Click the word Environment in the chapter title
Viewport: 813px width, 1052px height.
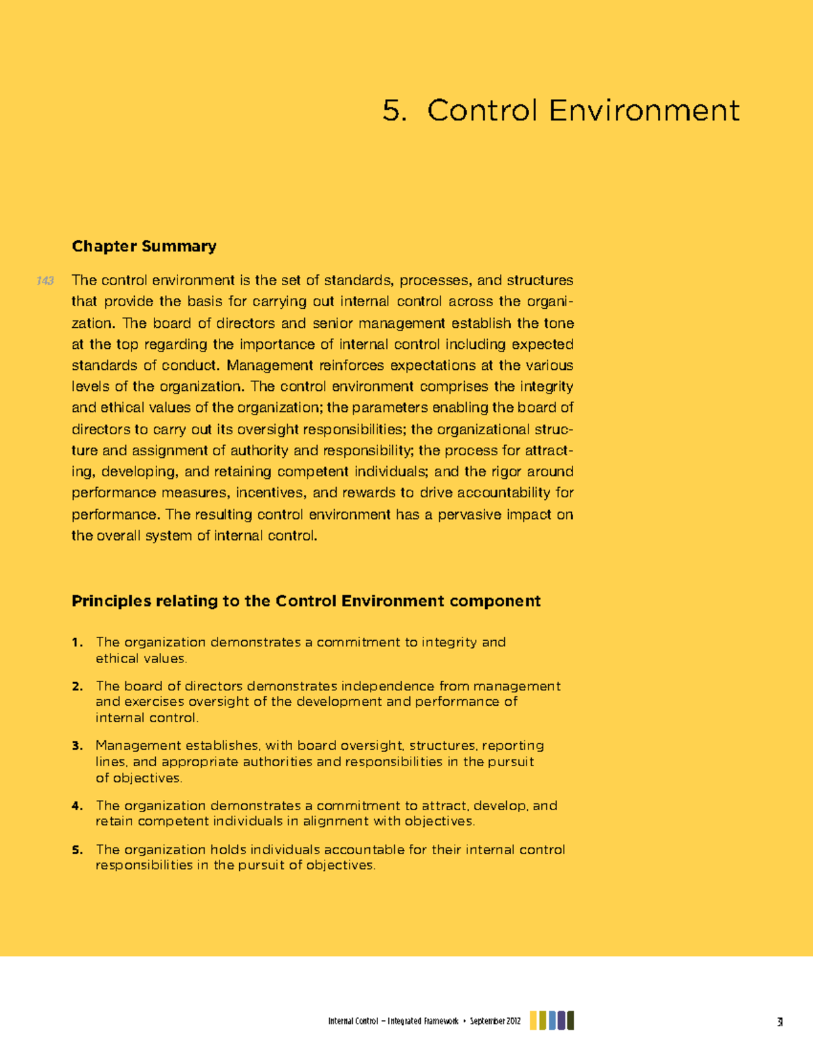pos(644,110)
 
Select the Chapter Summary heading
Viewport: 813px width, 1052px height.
pos(144,246)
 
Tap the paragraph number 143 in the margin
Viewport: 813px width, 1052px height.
pos(45,280)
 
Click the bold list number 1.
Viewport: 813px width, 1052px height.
pos(77,642)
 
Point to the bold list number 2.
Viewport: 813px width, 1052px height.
pos(77,686)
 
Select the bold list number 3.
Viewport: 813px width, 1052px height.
pos(77,746)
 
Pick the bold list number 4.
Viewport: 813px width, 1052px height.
pos(77,806)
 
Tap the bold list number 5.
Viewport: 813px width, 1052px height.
pos(77,850)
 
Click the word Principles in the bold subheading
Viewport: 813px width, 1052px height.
pos(111,601)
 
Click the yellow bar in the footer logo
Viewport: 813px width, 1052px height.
pos(534,1020)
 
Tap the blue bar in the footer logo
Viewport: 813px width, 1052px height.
pos(552,1020)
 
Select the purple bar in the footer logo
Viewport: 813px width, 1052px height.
pos(562,1020)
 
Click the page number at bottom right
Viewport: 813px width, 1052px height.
pos(780,1022)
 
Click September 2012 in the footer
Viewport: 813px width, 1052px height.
pos(495,1022)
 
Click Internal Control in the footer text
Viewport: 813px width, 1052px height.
pos(353,1022)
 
